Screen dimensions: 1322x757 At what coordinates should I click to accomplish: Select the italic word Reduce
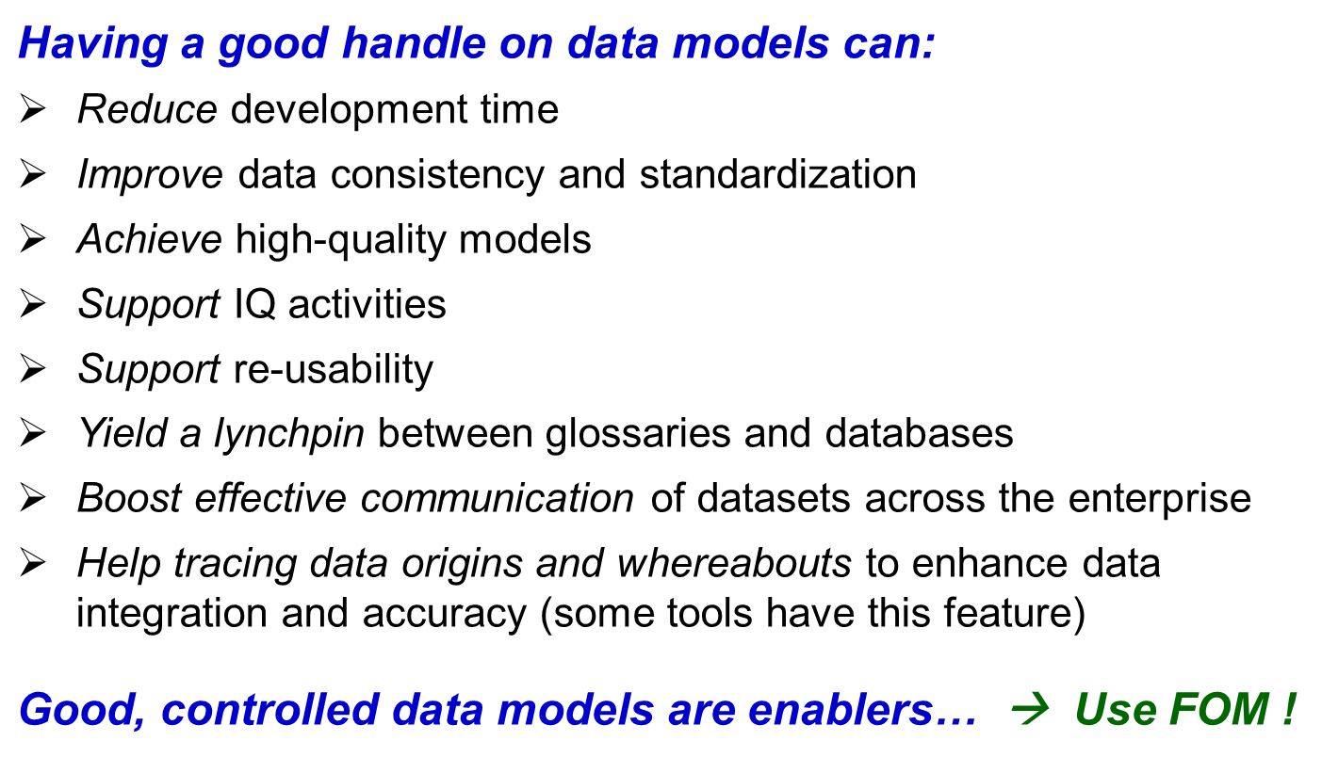pos(148,109)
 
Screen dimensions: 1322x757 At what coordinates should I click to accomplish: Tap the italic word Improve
pos(151,175)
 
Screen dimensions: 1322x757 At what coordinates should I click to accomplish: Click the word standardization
pos(778,174)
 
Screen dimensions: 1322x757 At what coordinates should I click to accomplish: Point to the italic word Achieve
pos(150,239)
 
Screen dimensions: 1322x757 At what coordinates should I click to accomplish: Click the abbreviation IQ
pos(255,305)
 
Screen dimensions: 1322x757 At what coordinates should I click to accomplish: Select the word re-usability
pos(334,370)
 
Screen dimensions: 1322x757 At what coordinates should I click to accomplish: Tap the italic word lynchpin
pos(289,434)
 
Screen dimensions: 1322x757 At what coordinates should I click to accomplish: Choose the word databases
pos(919,434)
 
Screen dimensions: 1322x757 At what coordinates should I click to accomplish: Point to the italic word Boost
pos(129,499)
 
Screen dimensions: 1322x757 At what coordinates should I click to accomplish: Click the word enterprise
pos(1160,500)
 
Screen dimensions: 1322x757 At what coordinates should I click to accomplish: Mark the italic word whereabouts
pos(734,563)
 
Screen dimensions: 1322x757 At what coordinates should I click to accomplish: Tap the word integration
pos(172,614)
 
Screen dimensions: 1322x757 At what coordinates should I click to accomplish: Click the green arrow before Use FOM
pos(1031,707)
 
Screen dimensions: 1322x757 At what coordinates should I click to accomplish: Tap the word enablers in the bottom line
pos(841,709)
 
